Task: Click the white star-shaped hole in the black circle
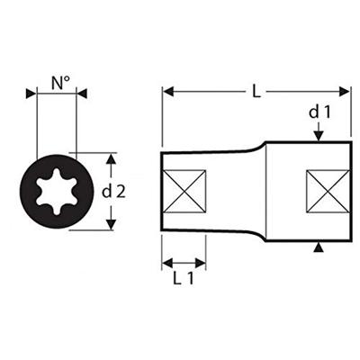pos(57,190)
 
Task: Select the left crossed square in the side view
pos(185,190)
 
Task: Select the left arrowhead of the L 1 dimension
pos(166,263)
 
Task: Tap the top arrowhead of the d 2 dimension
pos(112,158)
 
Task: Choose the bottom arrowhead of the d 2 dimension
pos(112,224)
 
